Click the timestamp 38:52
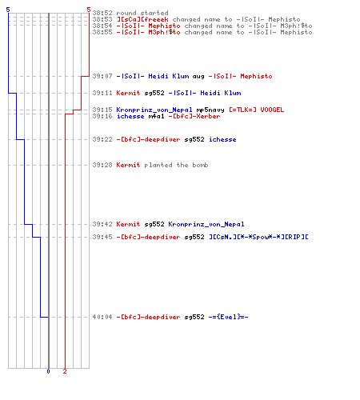coord(102,13)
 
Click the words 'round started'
coord(142,13)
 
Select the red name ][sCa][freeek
coord(142,19)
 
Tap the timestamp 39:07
coord(102,76)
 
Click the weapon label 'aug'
coord(198,77)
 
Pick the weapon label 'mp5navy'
coord(210,110)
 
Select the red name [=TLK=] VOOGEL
coord(257,110)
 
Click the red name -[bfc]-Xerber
coord(194,116)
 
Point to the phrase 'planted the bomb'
coord(176,165)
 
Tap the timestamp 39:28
coord(102,165)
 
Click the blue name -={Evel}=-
coord(228,317)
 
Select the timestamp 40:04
coord(102,317)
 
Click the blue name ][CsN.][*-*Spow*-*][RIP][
coord(258,237)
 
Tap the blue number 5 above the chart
coord(8,10)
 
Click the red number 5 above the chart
coord(89,10)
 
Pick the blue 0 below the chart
coord(48,371)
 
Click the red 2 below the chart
coord(65,371)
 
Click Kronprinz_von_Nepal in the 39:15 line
coord(154,110)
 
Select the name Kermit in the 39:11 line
coord(128,93)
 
